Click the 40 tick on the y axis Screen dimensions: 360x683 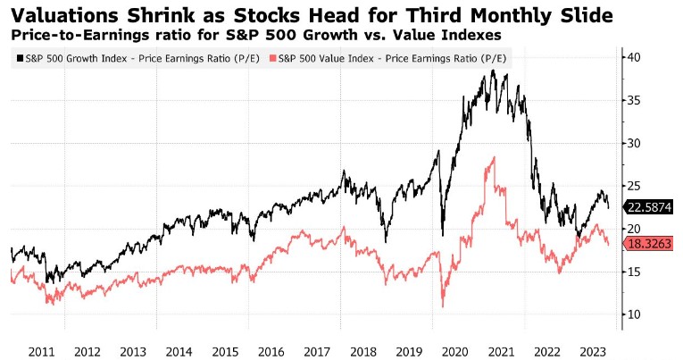tap(632, 57)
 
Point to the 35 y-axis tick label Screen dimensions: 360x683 tap(632, 100)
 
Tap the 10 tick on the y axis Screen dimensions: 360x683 tap(632, 314)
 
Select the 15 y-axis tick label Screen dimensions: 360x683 tap(632, 272)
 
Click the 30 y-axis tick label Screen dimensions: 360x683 tap(632, 143)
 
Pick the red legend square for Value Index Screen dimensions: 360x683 tap(271, 58)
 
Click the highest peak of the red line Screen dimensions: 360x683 tap(492, 157)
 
